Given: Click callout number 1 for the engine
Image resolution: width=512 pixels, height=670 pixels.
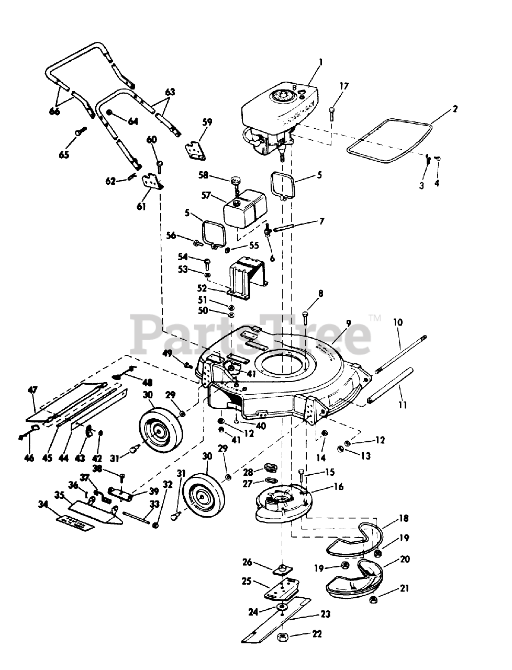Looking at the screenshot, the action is coord(320,63).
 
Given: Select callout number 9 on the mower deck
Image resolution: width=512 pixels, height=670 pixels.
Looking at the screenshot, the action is coord(349,323).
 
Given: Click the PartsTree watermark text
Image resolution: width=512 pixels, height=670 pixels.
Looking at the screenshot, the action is coord(250,335).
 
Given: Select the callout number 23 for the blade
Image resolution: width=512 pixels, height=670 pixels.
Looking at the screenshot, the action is coord(326,614).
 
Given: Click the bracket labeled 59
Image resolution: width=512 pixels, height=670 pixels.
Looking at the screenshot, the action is coord(196,150).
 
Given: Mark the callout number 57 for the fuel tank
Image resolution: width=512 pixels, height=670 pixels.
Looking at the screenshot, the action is coord(206,195).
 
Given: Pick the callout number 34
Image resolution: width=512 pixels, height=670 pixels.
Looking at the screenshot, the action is coord(43,505).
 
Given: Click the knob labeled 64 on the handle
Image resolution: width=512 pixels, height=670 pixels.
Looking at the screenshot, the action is coord(109,113).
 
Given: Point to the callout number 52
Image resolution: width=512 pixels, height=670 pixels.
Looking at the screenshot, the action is coord(202,288).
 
